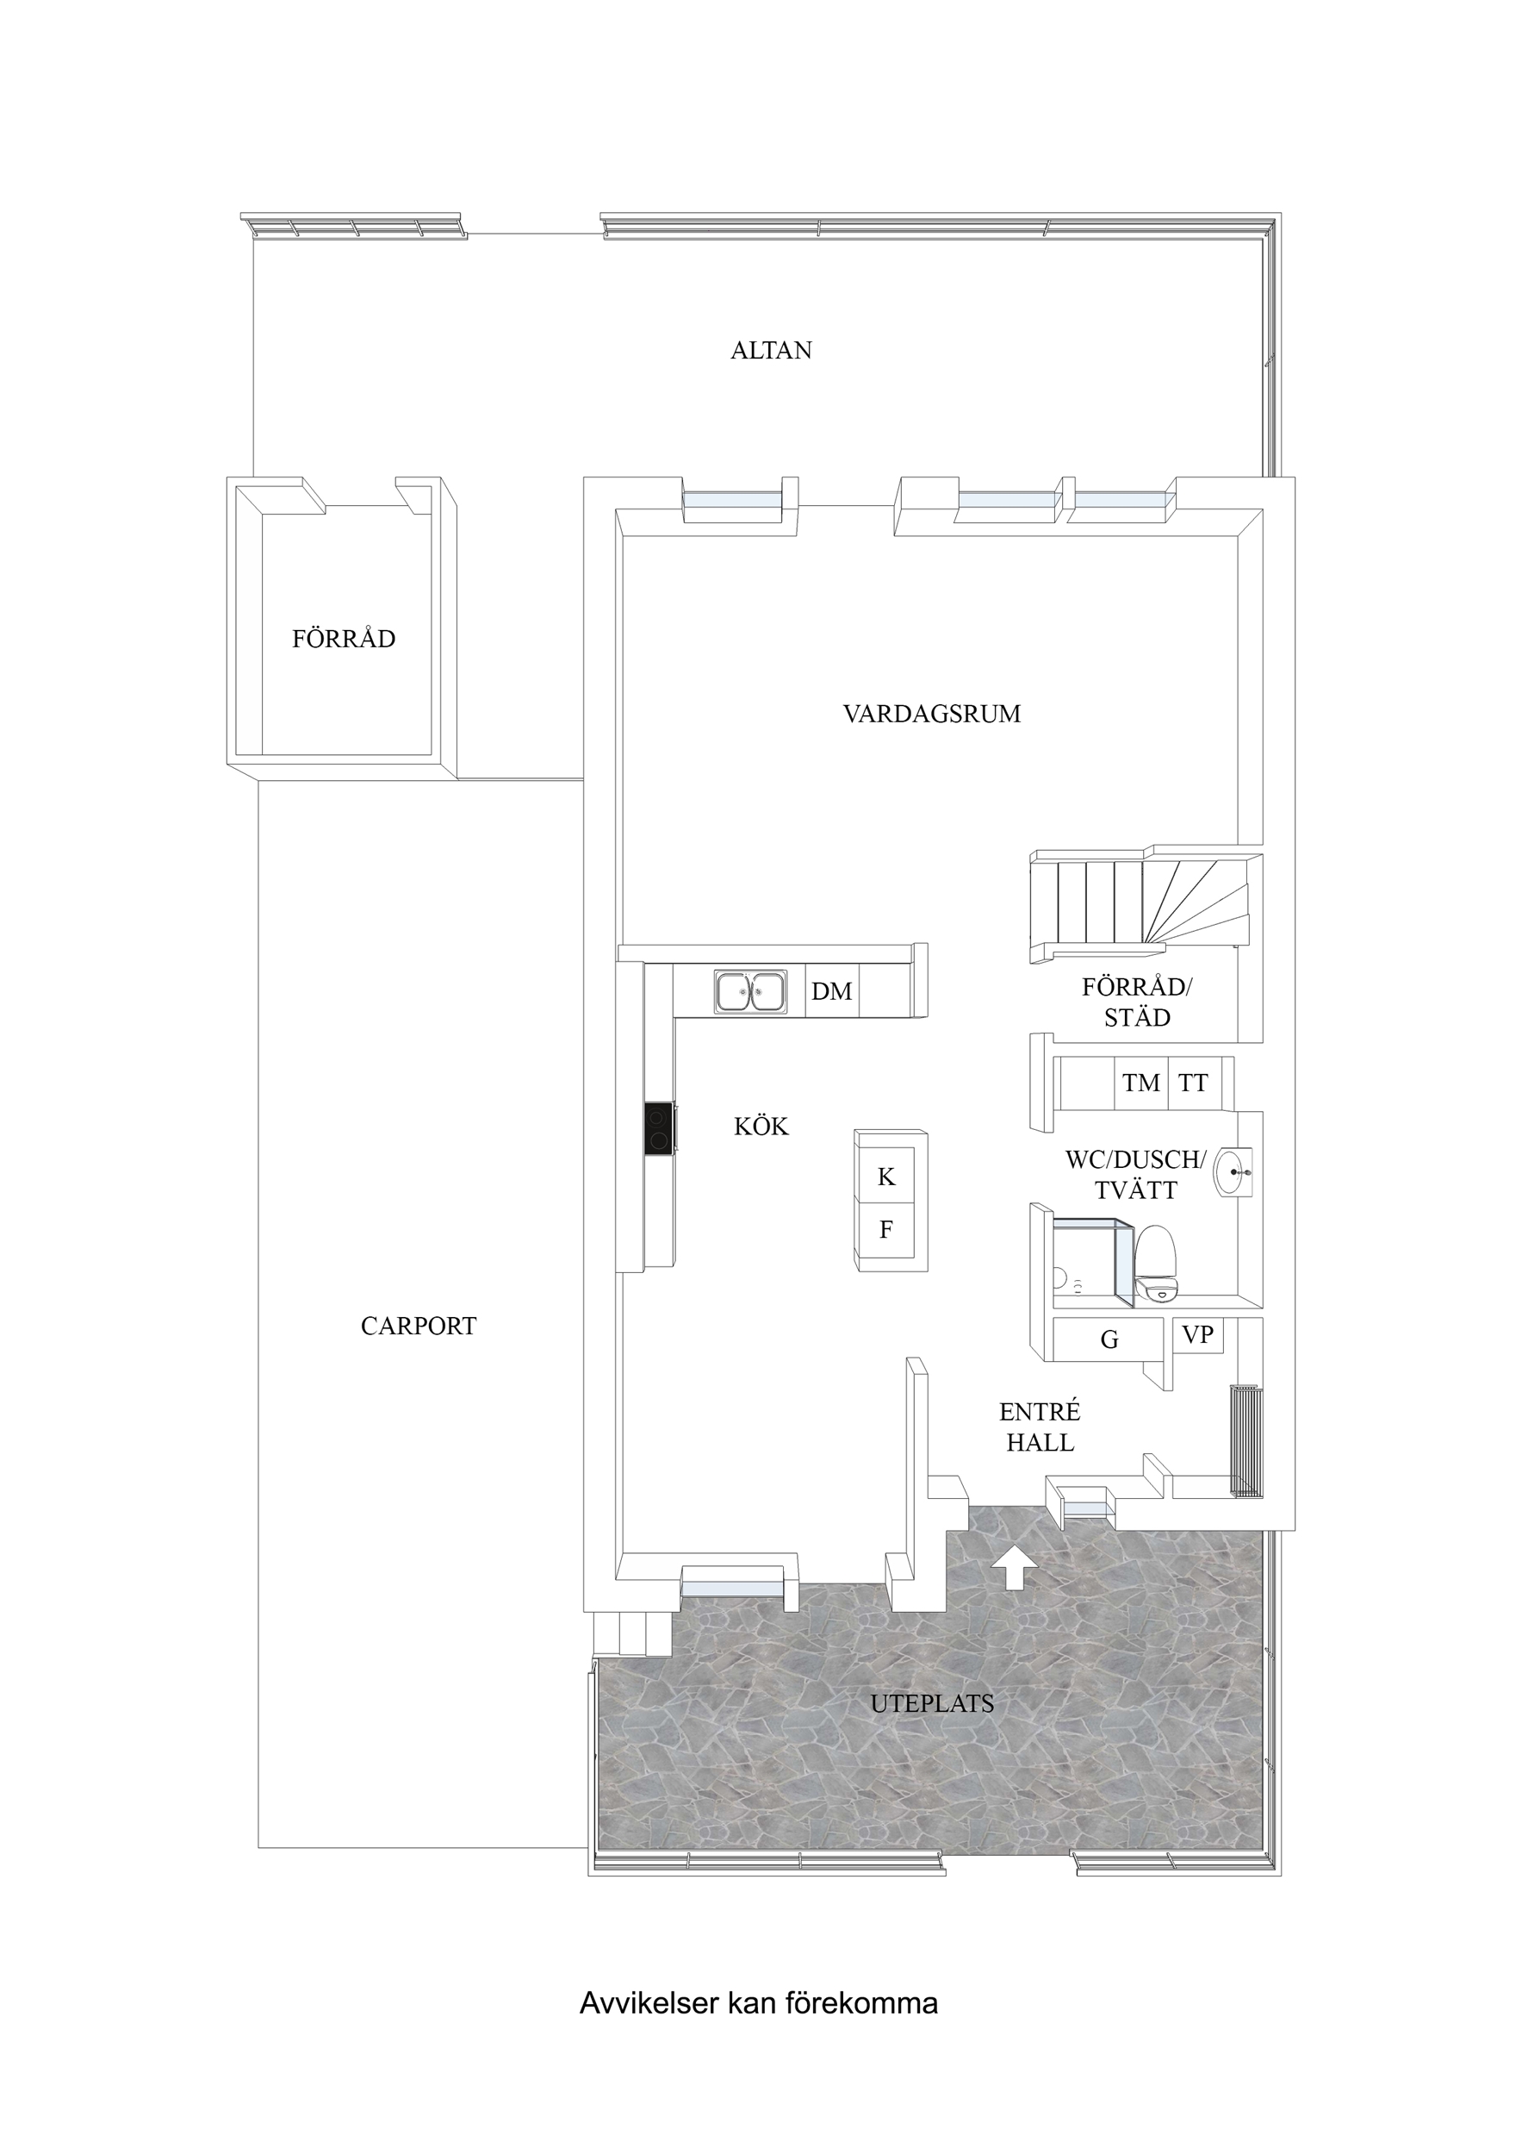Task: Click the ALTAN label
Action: pos(771,350)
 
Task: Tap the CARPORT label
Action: pos(419,1326)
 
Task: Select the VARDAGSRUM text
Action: pos(931,714)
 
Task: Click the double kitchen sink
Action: pos(750,991)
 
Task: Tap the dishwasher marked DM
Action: pos(832,990)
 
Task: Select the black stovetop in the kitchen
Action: pos(659,1129)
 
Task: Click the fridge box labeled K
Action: pos(886,1176)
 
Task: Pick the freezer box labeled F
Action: pos(886,1229)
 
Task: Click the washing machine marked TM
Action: pos(1141,1083)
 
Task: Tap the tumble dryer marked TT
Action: pos(1194,1083)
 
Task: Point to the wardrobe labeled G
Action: pos(1109,1339)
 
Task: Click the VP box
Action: pos(1197,1335)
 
